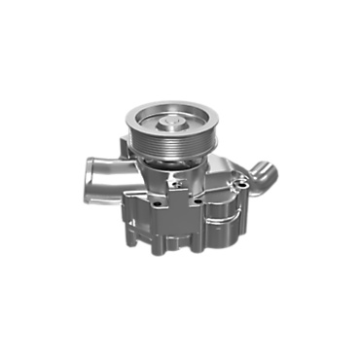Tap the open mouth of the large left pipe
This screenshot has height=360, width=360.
pyautogui.click(x=88, y=169)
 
